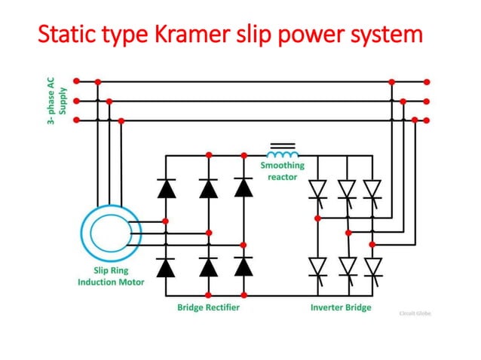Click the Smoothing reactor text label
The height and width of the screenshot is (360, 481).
point(283,171)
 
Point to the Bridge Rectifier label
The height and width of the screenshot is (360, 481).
point(208,307)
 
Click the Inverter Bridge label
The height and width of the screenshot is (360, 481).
point(341,307)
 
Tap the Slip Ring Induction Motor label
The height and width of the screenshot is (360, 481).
point(110,276)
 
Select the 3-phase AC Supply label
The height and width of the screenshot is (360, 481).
point(57,101)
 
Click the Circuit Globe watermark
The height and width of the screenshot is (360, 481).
point(415,313)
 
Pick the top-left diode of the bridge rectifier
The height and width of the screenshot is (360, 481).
point(167,187)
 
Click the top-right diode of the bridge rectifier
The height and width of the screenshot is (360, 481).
point(243,187)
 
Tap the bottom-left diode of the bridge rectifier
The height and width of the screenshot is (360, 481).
point(167,267)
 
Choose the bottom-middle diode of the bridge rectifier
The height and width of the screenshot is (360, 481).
point(208,267)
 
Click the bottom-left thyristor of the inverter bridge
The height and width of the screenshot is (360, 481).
point(317,267)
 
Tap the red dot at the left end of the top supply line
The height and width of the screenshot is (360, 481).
point(77,81)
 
